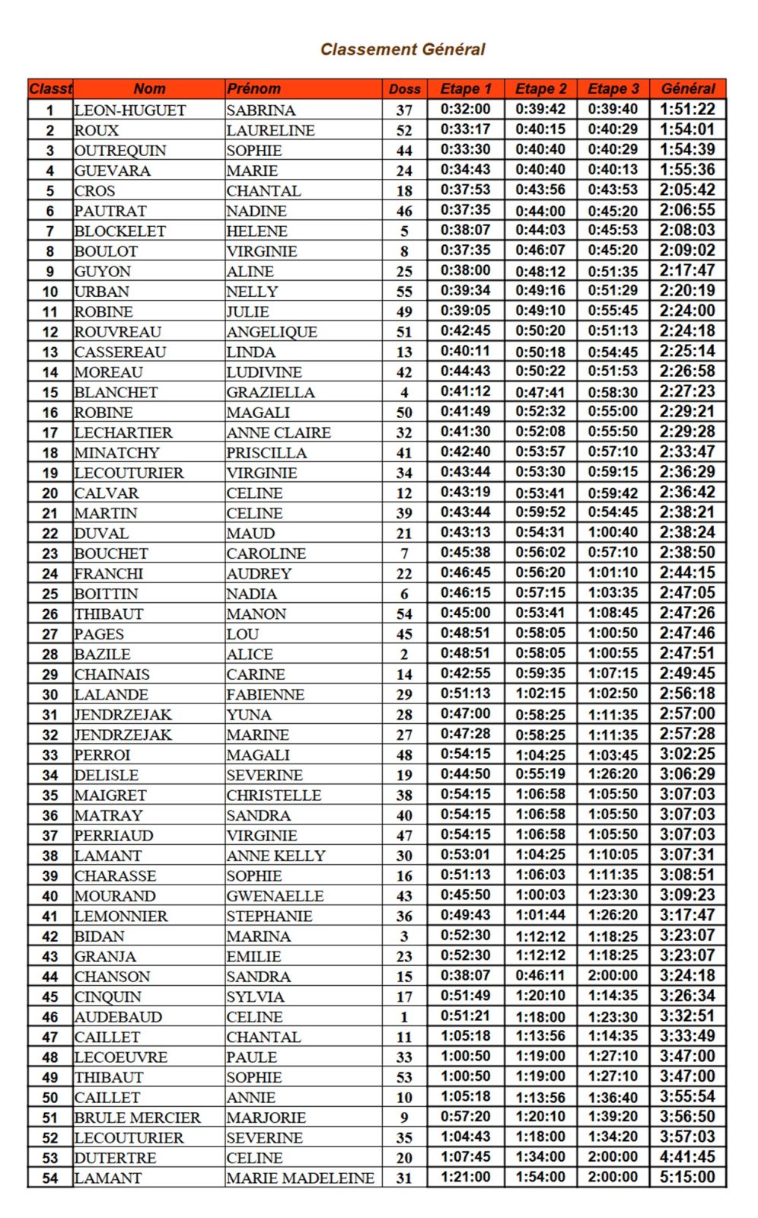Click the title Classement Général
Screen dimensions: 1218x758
coord(403,49)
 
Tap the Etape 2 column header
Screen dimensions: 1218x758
coord(540,89)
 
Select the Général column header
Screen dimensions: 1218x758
coord(687,89)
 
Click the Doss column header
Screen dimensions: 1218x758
coord(404,89)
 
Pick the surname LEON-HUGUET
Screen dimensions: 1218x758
coord(130,110)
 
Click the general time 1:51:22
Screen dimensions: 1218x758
coord(687,110)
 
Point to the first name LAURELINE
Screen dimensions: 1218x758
coord(270,130)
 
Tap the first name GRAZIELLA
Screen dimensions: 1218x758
coord(270,392)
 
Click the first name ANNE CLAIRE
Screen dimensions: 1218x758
coord(279,432)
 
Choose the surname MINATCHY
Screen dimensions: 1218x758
coord(117,452)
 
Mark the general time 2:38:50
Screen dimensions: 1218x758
coord(687,553)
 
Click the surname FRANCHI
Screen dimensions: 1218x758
coord(109,573)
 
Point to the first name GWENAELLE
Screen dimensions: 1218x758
coord(275,896)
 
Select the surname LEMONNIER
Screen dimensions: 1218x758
coord(121,916)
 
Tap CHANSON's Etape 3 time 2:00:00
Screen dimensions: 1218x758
coord(613,976)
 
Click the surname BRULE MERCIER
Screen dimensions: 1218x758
coord(138,1118)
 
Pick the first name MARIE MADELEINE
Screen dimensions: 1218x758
coord(301,1178)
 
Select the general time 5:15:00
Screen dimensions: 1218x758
coord(687,1177)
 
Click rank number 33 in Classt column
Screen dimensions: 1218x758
coord(50,755)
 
